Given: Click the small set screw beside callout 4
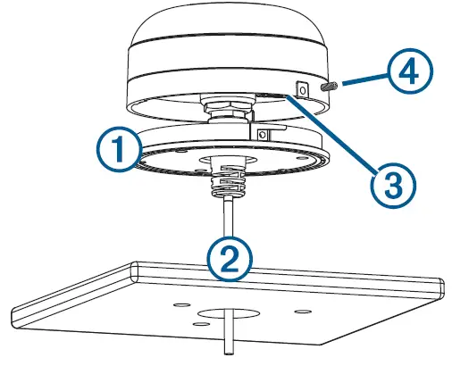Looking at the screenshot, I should [x=328, y=87].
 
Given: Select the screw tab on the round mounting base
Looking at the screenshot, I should [x=263, y=133].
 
